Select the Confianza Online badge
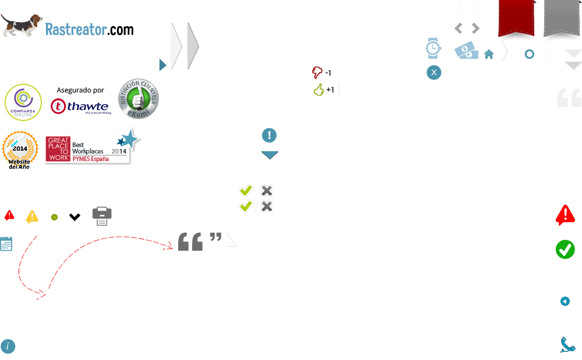click(23, 101)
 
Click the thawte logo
click(80, 106)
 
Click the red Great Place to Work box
click(58, 149)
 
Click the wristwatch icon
click(433, 49)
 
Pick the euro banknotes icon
click(466, 51)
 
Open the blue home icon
click(489, 54)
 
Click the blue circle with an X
click(434, 73)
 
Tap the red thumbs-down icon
click(317, 72)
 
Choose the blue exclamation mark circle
click(269, 136)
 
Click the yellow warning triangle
click(32, 217)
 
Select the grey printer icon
click(102, 216)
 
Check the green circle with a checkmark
click(565, 249)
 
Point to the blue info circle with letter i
click(8, 347)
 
